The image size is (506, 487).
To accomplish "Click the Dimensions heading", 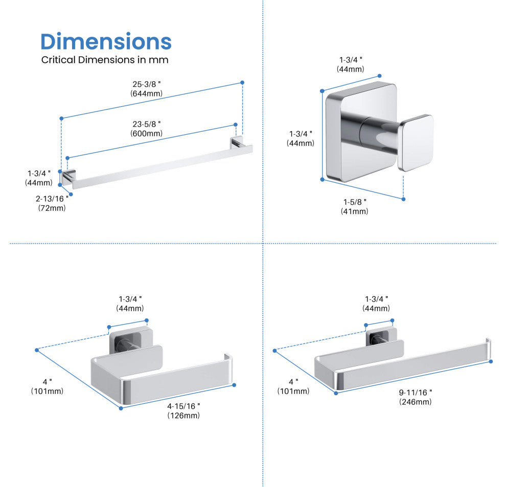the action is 106,41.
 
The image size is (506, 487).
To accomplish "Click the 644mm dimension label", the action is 147,93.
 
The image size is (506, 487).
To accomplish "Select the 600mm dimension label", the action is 147,133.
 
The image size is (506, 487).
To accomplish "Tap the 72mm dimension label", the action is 52,208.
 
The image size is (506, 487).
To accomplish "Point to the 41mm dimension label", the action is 354,211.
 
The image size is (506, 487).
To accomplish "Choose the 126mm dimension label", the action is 183,416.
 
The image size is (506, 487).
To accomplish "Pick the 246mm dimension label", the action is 416,402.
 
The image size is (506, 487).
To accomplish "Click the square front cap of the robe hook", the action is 416,142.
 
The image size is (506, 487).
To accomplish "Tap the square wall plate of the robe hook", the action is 361,132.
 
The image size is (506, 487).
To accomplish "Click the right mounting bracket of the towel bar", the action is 237,143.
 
